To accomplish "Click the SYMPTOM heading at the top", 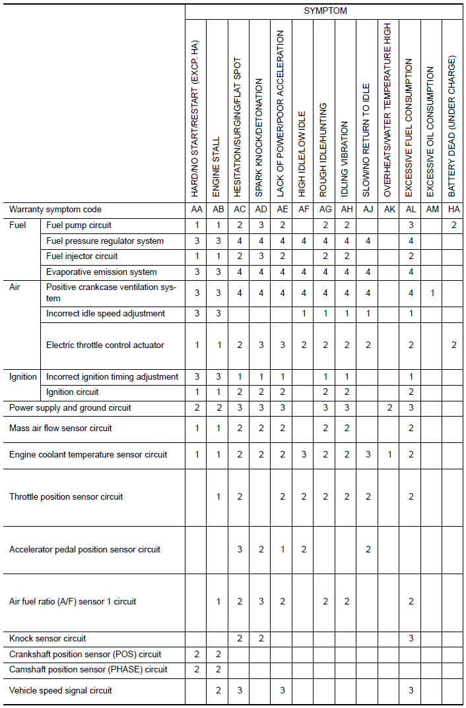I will [325, 11].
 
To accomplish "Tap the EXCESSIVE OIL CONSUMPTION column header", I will [431, 131].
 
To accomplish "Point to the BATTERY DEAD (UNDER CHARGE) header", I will [452, 126].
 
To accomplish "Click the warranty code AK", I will [389, 210].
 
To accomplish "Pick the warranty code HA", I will [453, 210].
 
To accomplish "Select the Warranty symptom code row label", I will [55, 210].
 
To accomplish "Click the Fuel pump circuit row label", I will [79, 225].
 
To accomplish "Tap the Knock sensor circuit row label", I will [48, 639].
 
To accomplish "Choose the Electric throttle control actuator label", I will [105, 345].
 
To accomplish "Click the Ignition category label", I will [23, 377].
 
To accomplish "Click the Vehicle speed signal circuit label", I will [61, 691].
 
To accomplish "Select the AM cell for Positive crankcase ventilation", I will [432, 293].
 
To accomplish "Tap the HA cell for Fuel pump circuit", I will [453, 225].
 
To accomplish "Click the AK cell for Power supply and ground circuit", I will [389, 408].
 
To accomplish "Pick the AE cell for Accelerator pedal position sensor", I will [282, 550].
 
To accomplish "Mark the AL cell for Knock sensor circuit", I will [411, 639].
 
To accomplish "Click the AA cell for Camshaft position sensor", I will [196, 670].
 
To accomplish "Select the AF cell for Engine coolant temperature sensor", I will [303, 455].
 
